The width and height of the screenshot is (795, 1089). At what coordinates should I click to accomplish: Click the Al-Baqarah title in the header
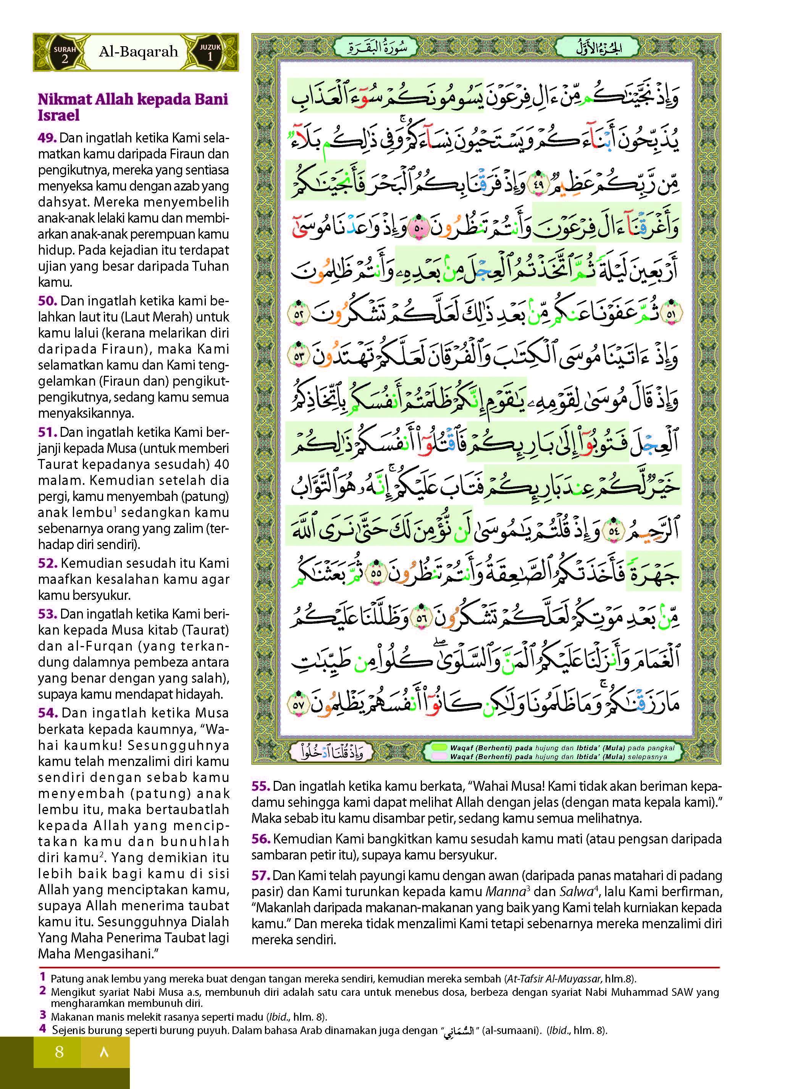coord(138,52)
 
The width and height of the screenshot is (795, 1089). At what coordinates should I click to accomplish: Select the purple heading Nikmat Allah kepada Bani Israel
coord(133,107)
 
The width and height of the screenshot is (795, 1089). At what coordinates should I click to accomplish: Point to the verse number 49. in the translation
coord(48,139)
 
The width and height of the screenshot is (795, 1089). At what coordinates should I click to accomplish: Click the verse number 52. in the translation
coord(48,563)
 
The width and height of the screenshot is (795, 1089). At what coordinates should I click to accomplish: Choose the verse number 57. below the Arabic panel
coord(261,876)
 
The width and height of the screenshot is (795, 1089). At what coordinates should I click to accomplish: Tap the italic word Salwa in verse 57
coord(575,892)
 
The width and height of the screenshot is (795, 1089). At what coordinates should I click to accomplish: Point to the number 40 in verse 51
coord(220,464)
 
